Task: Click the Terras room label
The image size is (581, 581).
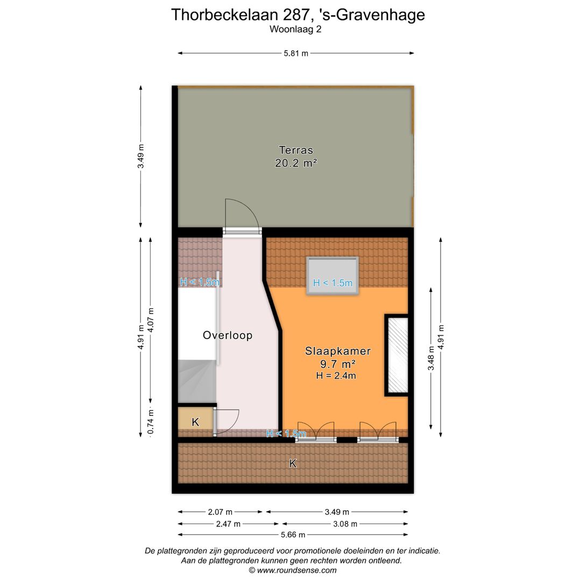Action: [296, 150]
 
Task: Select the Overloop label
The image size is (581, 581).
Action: [228, 335]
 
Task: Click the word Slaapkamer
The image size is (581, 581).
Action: [338, 351]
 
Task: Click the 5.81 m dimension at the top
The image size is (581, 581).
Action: [296, 53]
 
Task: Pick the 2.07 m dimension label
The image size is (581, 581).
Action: [221, 512]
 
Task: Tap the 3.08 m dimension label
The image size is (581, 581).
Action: [345, 523]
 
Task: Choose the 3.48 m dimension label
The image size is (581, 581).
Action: [430, 358]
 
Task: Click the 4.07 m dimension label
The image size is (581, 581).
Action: [151, 321]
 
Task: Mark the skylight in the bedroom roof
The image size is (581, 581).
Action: [332, 275]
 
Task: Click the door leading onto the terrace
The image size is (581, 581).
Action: [242, 231]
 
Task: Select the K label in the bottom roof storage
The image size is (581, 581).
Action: [293, 463]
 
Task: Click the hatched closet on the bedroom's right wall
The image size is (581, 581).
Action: [396, 356]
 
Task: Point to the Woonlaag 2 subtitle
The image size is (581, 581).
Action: [296, 30]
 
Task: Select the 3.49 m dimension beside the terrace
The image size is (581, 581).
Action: [141, 157]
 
